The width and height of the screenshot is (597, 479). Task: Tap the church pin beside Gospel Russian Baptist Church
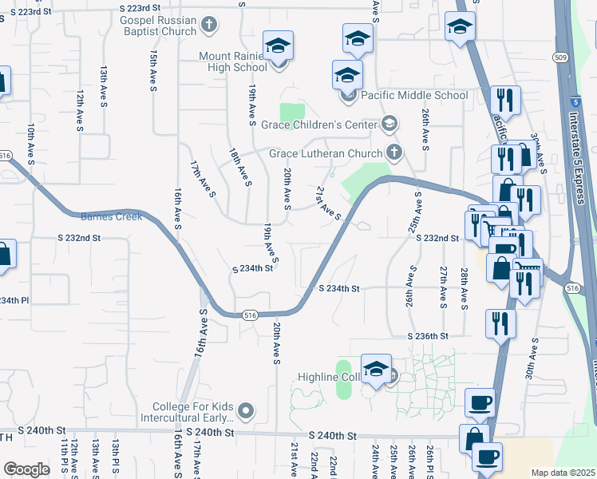coord(209,26)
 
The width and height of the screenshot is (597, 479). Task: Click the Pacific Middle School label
coord(414,95)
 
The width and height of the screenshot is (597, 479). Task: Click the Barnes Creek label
coord(112,216)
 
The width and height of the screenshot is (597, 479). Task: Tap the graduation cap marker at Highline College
coord(376,370)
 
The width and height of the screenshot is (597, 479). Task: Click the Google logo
coord(26,469)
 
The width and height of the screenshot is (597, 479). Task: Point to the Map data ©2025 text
coord(563,473)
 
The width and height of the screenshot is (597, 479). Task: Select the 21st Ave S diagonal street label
coord(328,203)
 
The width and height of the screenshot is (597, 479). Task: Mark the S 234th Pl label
coord(14,300)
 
